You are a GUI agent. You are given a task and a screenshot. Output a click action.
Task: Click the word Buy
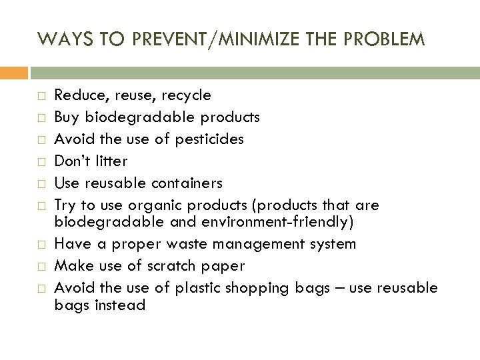click(66, 117)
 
